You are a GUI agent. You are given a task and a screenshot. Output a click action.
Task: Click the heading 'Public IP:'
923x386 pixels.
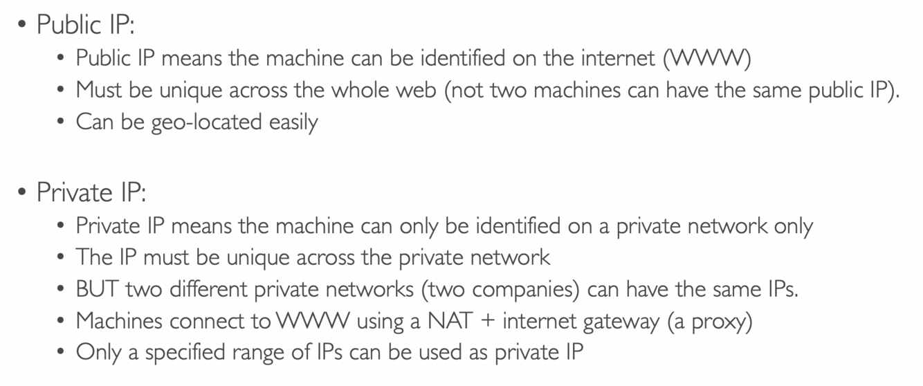(x=85, y=25)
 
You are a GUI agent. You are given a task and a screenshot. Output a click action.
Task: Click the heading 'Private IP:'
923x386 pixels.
(x=91, y=192)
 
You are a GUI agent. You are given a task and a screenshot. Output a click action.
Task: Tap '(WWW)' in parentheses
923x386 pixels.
(x=706, y=58)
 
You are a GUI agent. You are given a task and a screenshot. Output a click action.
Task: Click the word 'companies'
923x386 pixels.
(x=527, y=289)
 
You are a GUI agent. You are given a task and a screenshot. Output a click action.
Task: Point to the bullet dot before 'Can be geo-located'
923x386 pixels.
(x=62, y=122)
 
